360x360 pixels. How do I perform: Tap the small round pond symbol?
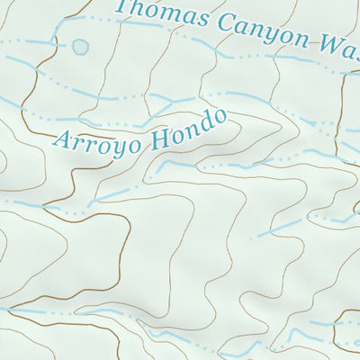pyautogui.click(x=81, y=45)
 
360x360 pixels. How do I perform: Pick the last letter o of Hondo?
pyautogui.click(x=216, y=119)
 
